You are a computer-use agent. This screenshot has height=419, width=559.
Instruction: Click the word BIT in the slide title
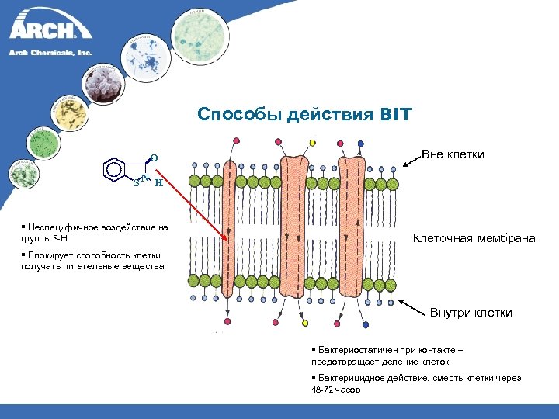click(x=396, y=116)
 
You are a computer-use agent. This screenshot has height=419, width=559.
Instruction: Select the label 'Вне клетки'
click(x=453, y=154)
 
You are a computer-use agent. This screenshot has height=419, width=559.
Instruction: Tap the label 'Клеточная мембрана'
click(x=474, y=237)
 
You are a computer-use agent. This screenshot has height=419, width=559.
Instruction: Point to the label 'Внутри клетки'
click(x=471, y=313)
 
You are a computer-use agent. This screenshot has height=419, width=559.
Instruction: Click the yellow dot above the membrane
click(x=313, y=143)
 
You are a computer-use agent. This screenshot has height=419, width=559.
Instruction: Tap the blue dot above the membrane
click(x=360, y=144)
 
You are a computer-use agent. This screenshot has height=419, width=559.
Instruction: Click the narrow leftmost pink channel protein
click(x=230, y=233)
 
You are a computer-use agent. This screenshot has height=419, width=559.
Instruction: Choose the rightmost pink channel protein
click(x=351, y=225)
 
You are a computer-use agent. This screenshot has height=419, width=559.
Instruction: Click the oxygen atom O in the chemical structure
click(x=154, y=158)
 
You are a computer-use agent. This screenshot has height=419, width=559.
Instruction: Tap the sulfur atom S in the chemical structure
click(x=136, y=184)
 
